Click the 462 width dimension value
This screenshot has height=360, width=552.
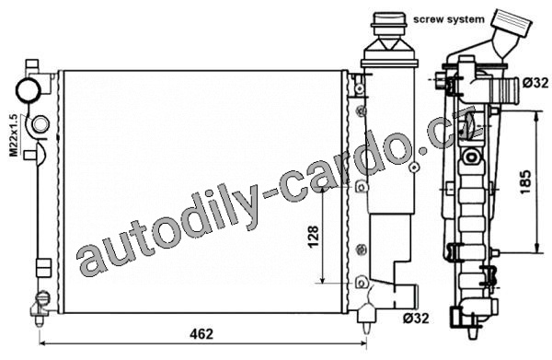click(201, 333)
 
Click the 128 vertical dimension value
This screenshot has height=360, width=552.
click(313, 237)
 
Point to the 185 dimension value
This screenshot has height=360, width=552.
click(525, 181)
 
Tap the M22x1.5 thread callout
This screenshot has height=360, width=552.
click(14, 135)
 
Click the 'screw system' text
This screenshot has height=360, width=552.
click(449, 19)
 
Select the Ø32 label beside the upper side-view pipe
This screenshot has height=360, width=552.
click(535, 83)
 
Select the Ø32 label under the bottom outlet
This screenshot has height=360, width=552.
click(416, 319)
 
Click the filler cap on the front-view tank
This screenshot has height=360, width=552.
click(389, 25)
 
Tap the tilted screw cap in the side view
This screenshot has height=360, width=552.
click(512, 22)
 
